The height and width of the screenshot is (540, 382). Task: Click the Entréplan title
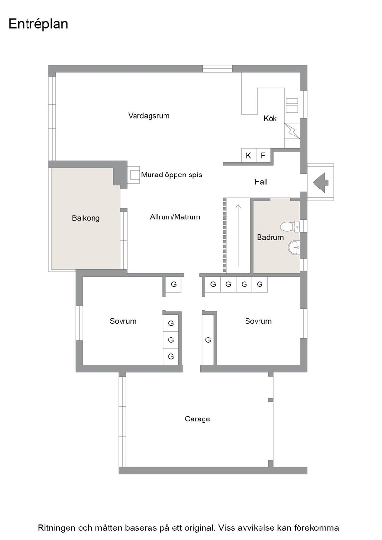pyautogui.click(x=38, y=24)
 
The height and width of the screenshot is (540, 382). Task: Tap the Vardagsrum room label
pyautogui.click(x=149, y=116)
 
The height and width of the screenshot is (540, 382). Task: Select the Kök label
pyautogui.click(x=270, y=118)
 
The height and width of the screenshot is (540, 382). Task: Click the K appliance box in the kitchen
pyautogui.click(x=248, y=156)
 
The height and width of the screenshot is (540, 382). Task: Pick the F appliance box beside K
pyautogui.click(x=263, y=156)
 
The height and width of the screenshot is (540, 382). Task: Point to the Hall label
pyautogui.click(x=261, y=182)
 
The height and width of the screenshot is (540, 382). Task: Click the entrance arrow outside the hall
pyautogui.click(x=321, y=182)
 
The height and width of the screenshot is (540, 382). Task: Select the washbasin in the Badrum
pyautogui.click(x=294, y=247)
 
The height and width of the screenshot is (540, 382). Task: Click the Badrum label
pyautogui.click(x=270, y=237)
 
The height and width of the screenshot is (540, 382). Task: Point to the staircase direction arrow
pyautogui.click(x=238, y=235)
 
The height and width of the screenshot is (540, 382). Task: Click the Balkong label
pyautogui.click(x=86, y=218)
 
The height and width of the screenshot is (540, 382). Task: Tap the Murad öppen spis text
pyautogui.click(x=172, y=175)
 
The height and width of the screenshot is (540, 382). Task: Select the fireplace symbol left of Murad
pyautogui.click(x=135, y=175)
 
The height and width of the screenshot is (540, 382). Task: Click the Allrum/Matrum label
pyautogui.click(x=175, y=217)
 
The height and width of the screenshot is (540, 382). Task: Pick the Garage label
pyautogui.click(x=197, y=419)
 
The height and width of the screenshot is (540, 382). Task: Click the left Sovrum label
pyautogui.click(x=123, y=321)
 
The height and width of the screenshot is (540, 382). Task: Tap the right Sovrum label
pyautogui.click(x=258, y=321)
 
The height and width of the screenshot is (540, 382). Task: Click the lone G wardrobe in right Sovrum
pyautogui.click(x=208, y=340)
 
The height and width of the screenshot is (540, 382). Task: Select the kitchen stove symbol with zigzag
pyautogui.click(x=292, y=131)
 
